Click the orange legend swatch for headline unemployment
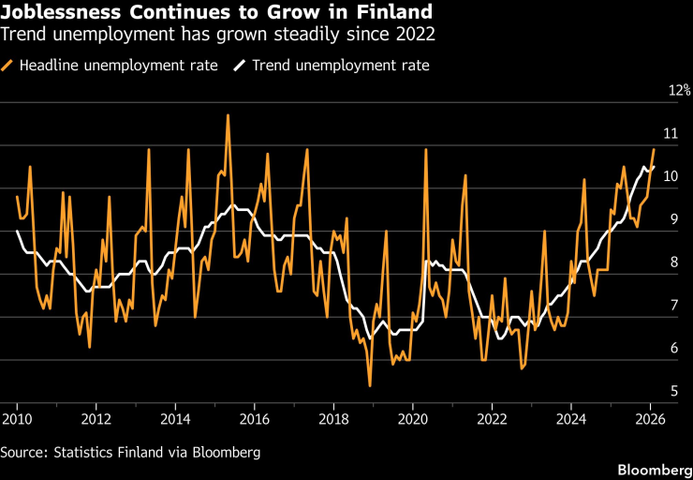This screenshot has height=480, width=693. tap(8, 66)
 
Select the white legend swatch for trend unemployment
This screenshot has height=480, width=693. tap(240, 66)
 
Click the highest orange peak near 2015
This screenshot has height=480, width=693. tap(228, 115)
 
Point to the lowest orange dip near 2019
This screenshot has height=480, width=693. tap(370, 385)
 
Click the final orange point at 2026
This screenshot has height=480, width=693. tap(654, 150)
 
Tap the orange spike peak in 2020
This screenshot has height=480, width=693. tap(426, 150)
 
